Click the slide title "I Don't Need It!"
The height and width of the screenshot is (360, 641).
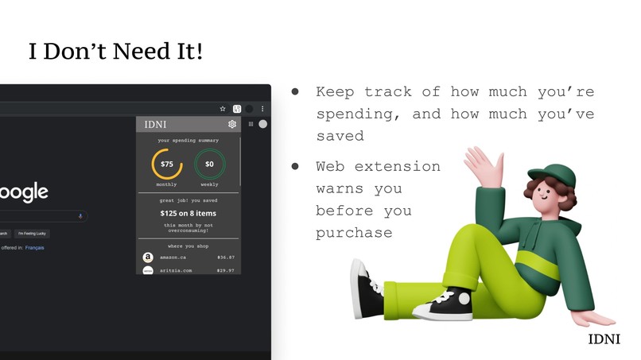point(115,52)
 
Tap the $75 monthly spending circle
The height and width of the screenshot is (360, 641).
point(167,165)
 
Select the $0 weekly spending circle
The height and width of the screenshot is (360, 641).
point(210,165)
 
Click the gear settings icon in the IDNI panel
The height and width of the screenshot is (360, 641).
point(232,125)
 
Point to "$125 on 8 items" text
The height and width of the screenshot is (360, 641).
point(188,213)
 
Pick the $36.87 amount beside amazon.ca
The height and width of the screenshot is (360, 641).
point(226,257)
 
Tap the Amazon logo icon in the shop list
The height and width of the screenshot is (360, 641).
point(147,257)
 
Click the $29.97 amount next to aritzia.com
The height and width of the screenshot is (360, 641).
point(226,271)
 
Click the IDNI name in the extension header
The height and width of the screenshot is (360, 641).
point(156,125)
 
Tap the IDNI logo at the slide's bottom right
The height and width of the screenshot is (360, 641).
point(604,339)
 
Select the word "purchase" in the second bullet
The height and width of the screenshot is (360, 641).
point(354,233)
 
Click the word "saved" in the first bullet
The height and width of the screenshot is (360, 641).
point(340,136)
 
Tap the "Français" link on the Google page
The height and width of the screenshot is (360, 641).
point(34,248)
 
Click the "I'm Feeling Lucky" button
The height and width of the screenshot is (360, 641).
point(33,234)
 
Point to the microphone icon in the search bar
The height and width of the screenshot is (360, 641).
point(80,216)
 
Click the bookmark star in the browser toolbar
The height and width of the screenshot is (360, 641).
point(223,109)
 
